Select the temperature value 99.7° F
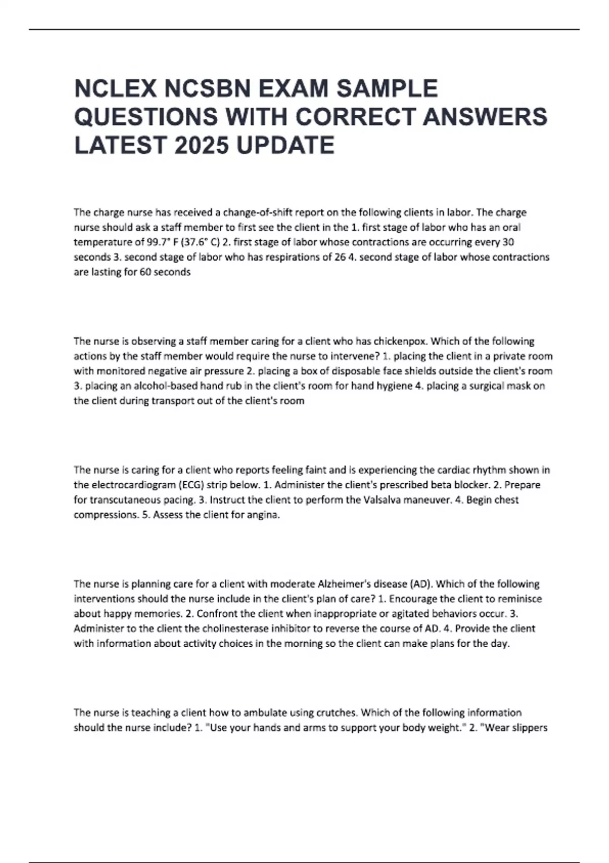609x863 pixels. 156,242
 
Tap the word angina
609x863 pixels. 264,515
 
